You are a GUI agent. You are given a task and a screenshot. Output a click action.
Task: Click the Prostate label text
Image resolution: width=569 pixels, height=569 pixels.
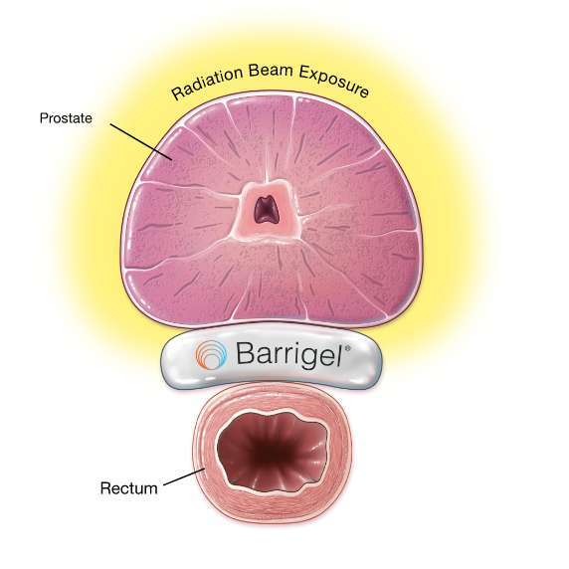click(66, 118)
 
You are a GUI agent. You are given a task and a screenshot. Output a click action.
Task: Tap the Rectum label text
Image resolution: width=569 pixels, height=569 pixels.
click(129, 488)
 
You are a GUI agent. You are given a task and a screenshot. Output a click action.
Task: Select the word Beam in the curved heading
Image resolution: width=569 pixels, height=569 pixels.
click(272, 72)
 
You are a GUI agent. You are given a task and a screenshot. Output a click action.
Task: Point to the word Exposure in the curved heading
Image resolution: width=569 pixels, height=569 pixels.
click(334, 82)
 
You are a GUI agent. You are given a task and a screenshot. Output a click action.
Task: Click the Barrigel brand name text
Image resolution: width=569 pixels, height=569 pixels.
click(289, 354)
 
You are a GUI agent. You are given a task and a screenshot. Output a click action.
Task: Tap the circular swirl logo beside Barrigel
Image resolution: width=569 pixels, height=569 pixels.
click(211, 354)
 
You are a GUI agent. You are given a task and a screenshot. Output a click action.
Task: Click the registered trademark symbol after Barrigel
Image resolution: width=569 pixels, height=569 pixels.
click(347, 348)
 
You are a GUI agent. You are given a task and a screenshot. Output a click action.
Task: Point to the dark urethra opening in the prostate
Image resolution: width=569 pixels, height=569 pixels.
click(266, 210)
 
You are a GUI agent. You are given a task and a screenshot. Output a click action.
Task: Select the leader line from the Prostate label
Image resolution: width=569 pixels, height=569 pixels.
click(141, 142)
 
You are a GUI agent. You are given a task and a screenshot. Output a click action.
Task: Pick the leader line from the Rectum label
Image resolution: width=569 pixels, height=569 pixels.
click(184, 476)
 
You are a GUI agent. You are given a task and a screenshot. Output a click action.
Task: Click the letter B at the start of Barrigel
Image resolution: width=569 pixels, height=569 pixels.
click(246, 353)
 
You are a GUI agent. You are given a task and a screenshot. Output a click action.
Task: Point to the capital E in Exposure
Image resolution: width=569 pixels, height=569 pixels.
click(304, 73)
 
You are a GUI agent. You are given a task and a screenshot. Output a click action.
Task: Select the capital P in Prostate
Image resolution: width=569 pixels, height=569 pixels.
click(44, 118)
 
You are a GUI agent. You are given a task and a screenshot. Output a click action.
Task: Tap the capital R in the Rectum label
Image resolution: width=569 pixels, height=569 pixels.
click(105, 488)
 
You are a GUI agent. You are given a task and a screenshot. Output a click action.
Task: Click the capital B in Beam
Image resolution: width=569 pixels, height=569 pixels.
click(255, 71)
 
